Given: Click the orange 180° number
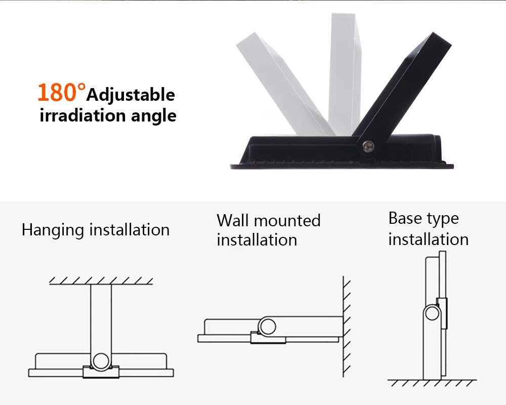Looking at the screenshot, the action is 62,92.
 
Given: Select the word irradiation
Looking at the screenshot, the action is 82,115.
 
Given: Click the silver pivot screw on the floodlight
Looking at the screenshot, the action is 367,146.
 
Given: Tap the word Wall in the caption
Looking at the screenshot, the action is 233,221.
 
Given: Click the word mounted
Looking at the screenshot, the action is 287,221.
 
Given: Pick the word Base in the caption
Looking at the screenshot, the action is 405,218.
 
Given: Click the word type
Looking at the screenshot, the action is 442,220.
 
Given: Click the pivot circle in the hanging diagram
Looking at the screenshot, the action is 101,361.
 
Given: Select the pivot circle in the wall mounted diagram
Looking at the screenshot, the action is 267,327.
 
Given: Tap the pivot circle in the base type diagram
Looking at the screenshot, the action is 432,313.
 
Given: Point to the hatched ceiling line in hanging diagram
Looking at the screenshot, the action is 101,281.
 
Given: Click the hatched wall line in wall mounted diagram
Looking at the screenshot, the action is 346,327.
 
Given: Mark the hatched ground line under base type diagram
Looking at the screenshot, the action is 432,383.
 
